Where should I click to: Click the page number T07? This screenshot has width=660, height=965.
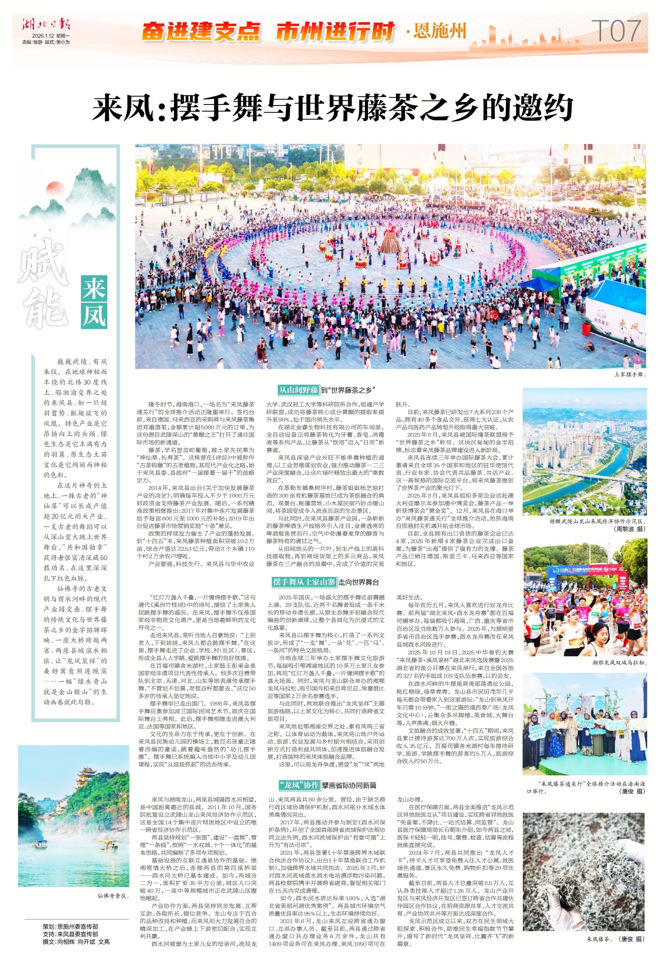pyautogui.click(x=616, y=31)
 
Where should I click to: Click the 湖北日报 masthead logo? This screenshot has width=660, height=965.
pyautogui.click(x=46, y=24)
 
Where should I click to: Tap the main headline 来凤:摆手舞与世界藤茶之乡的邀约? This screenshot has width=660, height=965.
pyautogui.click(x=332, y=108)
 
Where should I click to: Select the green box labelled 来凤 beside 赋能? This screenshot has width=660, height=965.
pyautogui.click(x=94, y=303)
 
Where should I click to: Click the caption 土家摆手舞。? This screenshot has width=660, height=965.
pyautogui.click(x=630, y=374)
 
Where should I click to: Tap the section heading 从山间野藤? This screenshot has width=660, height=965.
pyautogui.click(x=298, y=390)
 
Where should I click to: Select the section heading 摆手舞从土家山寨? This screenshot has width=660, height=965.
pyautogui.click(x=304, y=582)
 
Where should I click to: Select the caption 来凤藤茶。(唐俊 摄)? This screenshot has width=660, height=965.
pyautogui.click(x=615, y=939)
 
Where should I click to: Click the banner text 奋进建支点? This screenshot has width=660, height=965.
pyautogui.click(x=201, y=32)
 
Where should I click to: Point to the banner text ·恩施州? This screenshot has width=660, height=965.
pyautogui.click(x=436, y=31)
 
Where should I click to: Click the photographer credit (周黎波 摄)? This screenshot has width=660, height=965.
pyautogui.click(x=629, y=529)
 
